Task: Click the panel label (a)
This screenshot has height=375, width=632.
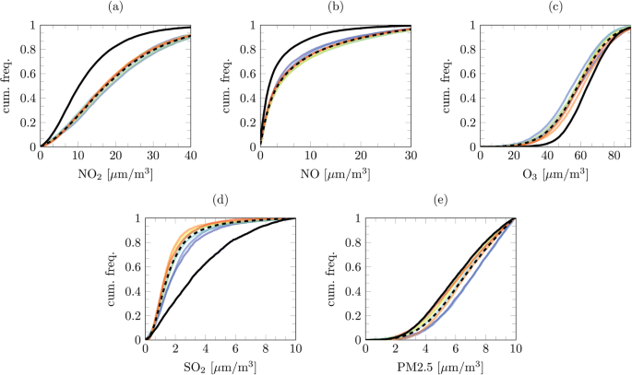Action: tap(115, 8)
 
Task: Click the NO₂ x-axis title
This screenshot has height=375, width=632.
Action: tap(115, 173)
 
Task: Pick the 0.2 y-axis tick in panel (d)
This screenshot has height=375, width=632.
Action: tap(133, 315)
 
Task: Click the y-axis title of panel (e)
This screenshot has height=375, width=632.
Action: tap(333, 279)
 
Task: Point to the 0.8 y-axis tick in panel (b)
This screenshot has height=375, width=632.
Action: tap(247, 50)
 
